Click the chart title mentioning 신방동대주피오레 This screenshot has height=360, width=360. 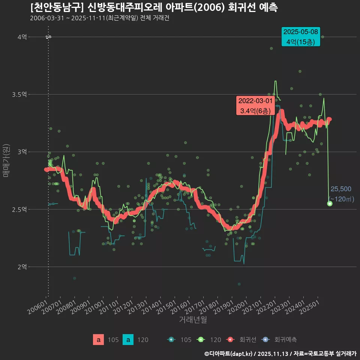click(154, 7)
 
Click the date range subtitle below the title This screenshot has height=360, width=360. click(100, 18)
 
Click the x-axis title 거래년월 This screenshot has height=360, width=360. click(193, 319)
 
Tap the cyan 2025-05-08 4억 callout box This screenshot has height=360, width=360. click(301, 37)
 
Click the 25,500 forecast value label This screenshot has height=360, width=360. click(341, 189)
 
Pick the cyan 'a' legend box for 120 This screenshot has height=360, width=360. click(128, 340)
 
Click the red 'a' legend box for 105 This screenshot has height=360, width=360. click(98, 340)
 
